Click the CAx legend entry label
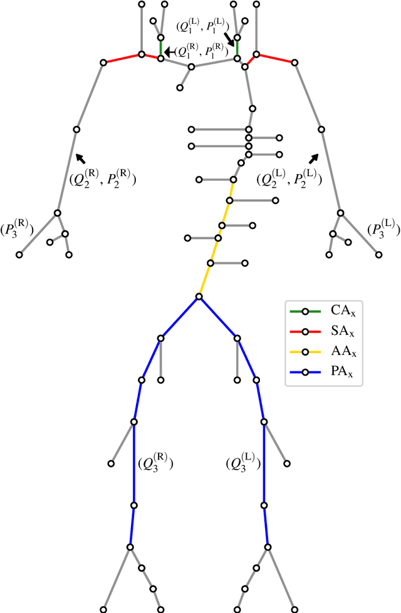coord(338,311)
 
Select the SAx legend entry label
coord(338,332)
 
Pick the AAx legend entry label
coord(338,353)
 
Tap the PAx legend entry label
coord(338,373)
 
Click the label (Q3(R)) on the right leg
coord(155,464)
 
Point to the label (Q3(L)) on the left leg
coord(242,464)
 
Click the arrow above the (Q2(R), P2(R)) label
coord(80,157)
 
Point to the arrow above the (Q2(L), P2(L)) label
coord(313,157)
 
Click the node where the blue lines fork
coord(199,297)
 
